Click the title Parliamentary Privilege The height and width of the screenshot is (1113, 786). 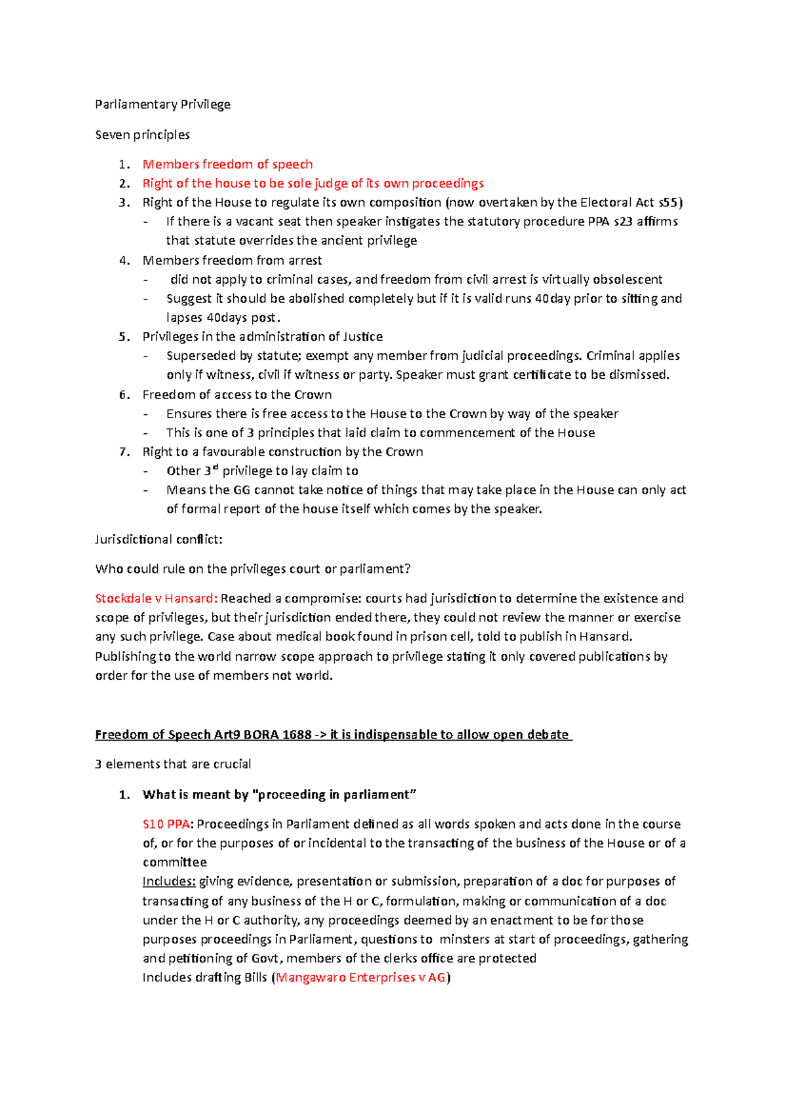[x=162, y=104]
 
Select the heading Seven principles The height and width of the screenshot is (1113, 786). [x=142, y=134]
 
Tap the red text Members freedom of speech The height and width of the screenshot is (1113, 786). [x=227, y=164]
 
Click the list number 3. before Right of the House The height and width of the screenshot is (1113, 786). [x=124, y=203]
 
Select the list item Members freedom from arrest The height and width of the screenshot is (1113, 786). [x=232, y=260]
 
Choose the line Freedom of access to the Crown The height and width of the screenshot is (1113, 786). [x=236, y=395]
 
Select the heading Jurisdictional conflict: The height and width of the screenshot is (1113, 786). [x=159, y=539]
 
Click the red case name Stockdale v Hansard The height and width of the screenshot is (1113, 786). [x=155, y=598]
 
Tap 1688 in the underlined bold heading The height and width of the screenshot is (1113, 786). [x=297, y=735]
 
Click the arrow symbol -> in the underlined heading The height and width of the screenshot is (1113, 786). [x=321, y=735]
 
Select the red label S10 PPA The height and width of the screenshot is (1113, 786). [x=166, y=824]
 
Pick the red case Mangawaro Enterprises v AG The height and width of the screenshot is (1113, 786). [x=360, y=977]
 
